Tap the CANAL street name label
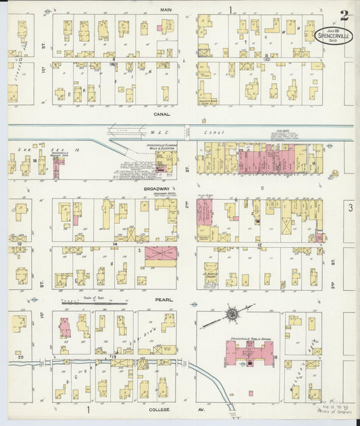click(x=162, y=115)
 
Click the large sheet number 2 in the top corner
click(x=344, y=15)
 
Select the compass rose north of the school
click(x=232, y=314)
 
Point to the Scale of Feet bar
click(x=94, y=303)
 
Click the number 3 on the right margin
click(x=351, y=209)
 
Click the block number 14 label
click(x=115, y=242)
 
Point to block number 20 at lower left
click(x=21, y=356)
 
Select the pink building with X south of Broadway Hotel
click(x=161, y=254)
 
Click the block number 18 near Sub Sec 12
click(x=34, y=160)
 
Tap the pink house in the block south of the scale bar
click(x=65, y=327)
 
